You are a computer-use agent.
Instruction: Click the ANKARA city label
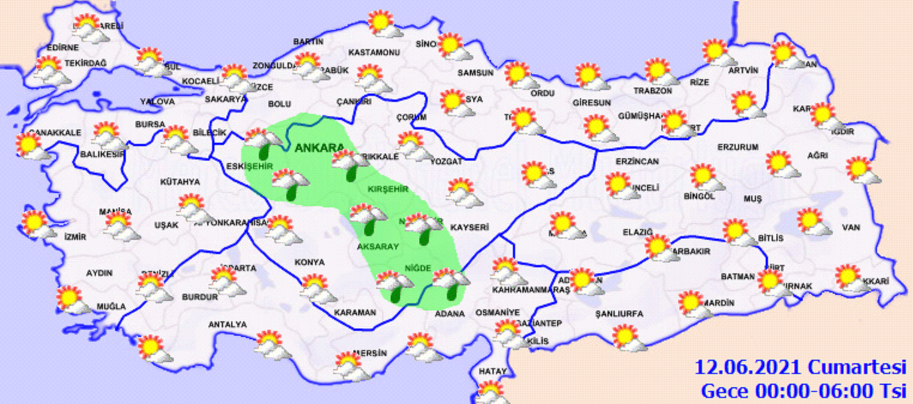click(320, 148)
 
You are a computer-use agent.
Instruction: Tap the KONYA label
click(310, 262)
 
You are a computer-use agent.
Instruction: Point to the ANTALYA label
click(227, 324)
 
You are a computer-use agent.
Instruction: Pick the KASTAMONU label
click(374, 53)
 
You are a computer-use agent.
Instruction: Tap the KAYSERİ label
click(468, 228)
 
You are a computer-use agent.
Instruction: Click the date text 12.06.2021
click(748, 367)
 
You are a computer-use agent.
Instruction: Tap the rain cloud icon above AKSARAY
click(368, 219)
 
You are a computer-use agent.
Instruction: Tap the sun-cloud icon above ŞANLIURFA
click(628, 337)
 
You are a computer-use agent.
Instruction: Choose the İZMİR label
click(75, 237)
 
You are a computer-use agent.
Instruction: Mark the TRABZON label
click(652, 91)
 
